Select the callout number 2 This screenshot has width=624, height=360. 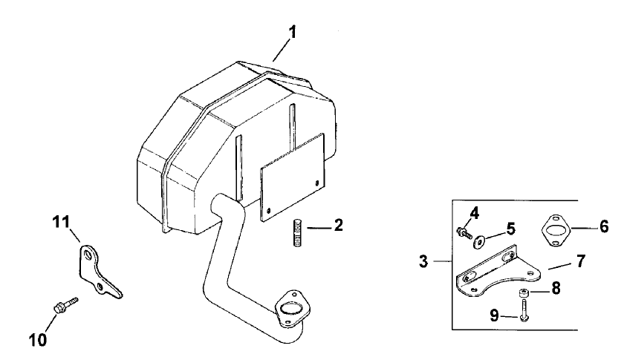338,224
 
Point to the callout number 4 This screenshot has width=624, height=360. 474,213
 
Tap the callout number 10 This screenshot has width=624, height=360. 38,340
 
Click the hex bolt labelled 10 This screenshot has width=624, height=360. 62,304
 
